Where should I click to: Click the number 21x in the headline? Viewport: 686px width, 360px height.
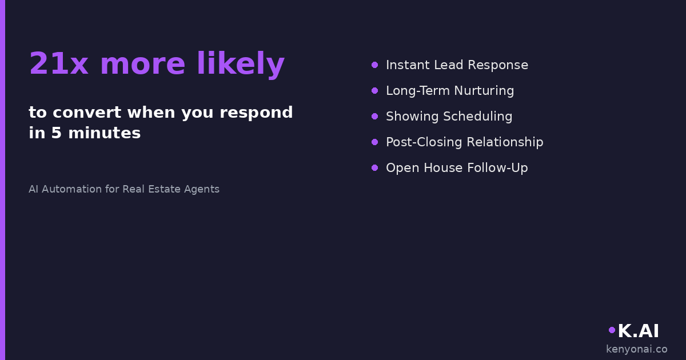(59, 63)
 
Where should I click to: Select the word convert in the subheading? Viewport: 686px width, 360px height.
(87, 113)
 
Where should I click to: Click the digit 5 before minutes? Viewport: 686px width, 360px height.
(57, 133)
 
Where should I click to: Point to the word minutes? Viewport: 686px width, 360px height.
(105, 133)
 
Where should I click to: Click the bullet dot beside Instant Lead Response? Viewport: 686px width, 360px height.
(374, 65)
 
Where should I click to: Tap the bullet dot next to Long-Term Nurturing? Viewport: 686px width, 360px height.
(374, 91)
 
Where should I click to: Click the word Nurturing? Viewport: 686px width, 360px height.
(484, 91)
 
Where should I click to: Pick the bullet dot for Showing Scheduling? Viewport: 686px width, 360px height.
(374, 117)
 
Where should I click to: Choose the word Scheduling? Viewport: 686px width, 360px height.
(478, 117)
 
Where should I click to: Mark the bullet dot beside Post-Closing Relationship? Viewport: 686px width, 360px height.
(374, 142)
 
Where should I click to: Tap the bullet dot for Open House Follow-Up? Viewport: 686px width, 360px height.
(374, 168)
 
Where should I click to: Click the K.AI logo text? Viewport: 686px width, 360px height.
(638, 331)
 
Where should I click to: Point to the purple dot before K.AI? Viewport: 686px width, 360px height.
(612, 330)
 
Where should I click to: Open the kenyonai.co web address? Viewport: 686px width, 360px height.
(637, 349)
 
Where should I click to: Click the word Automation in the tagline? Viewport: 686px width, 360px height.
(71, 189)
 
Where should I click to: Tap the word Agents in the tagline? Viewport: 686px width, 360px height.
(201, 190)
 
